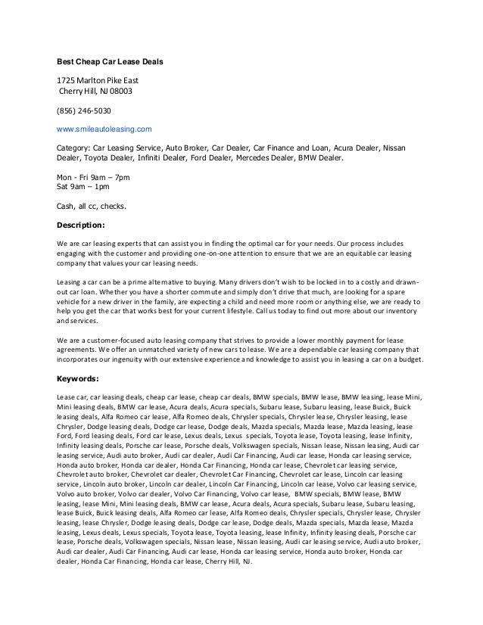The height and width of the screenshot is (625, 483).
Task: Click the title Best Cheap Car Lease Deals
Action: point(111,61)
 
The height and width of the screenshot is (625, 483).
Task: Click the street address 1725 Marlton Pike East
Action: point(98,81)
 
